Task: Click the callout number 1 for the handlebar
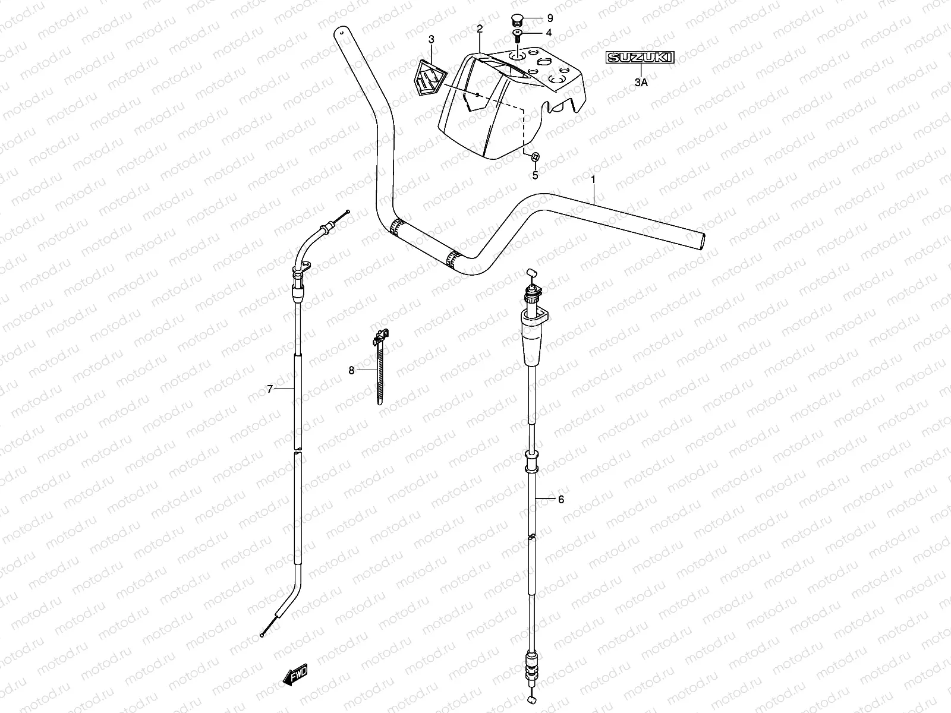[594, 179]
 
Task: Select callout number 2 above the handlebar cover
[480, 29]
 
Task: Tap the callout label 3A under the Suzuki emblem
[640, 84]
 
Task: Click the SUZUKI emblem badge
[640, 58]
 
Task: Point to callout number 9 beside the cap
[549, 18]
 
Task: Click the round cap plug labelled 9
[516, 18]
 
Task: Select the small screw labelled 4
[516, 34]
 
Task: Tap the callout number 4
[549, 33]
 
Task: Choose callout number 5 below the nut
[535, 175]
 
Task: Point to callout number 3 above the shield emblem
[432, 39]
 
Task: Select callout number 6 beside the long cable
[560, 500]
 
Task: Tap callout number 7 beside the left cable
[269, 389]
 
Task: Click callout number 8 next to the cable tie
[351, 371]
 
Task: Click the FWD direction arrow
[295, 676]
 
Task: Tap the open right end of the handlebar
[702, 242]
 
